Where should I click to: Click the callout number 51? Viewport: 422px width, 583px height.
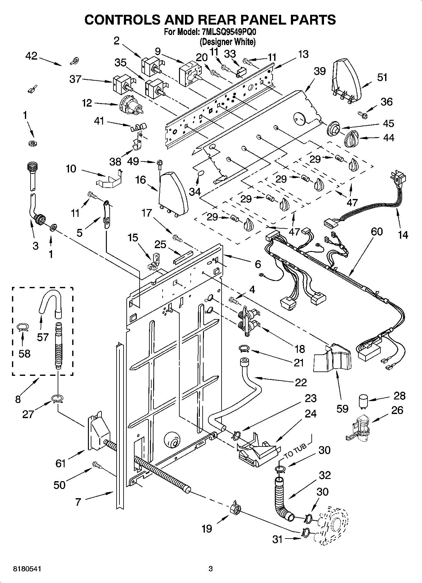click(x=382, y=77)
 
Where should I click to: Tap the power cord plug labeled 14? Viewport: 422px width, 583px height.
click(x=397, y=179)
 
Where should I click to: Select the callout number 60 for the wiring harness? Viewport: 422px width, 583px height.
click(x=377, y=231)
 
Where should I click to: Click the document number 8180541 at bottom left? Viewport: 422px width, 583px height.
click(x=27, y=569)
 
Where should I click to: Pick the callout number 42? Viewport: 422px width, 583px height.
click(x=31, y=56)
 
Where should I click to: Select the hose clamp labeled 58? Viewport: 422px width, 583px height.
click(x=23, y=328)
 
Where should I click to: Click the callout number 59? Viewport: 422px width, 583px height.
click(x=343, y=408)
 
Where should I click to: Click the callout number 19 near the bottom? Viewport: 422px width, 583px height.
click(x=207, y=528)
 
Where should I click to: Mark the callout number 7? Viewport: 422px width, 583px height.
click(x=78, y=502)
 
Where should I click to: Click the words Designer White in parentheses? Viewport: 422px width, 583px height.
click(x=228, y=42)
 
